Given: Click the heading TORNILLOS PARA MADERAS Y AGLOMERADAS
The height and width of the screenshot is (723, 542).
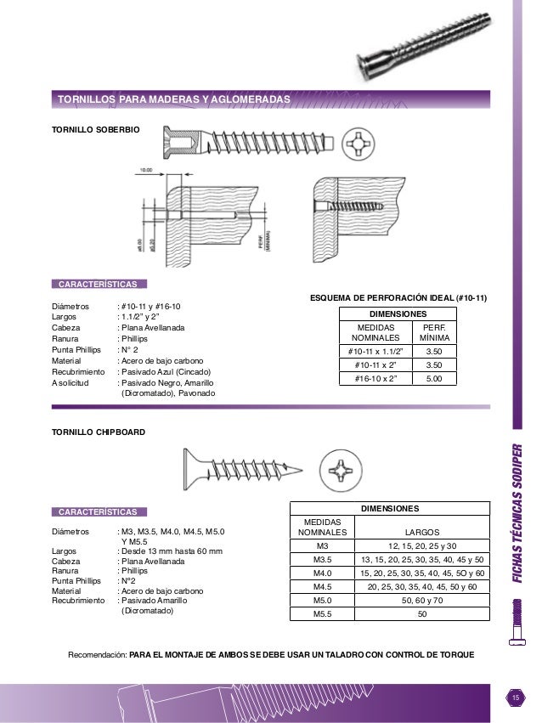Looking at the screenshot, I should click(173, 100).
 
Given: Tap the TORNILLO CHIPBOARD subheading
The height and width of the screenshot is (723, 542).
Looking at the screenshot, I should click(99, 432).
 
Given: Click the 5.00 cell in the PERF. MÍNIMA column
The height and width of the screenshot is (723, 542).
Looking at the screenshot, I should click(434, 378).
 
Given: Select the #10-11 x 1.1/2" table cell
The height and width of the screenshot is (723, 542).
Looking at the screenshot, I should click(375, 350).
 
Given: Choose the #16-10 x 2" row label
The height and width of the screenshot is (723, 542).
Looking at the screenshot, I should click(375, 378).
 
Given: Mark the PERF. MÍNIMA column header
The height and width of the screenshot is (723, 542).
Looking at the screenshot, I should click(434, 331).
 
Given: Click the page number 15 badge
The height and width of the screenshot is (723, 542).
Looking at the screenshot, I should click(514, 698).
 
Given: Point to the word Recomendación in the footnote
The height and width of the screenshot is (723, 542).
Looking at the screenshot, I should click(97, 655).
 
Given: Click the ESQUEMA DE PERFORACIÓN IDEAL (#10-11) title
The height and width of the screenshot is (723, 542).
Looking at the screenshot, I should click(398, 298).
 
